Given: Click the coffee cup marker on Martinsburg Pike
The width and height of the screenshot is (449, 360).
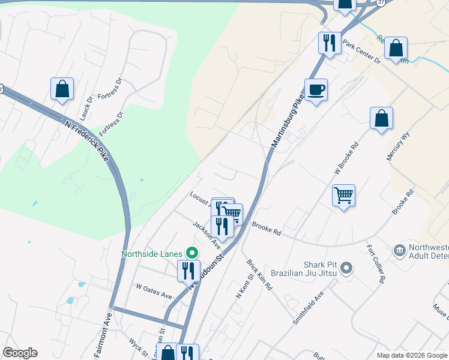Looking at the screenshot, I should click(316, 90).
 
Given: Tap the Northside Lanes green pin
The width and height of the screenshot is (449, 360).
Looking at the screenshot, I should click(192, 253).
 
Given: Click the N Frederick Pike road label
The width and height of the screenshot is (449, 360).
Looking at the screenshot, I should click(87, 139).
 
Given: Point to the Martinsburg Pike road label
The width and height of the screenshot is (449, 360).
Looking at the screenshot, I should click(286, 125).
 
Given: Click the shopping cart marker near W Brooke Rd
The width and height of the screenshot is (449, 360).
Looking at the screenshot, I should click(343, 195).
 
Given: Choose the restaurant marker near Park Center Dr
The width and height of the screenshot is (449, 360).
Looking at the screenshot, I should click(330, 43).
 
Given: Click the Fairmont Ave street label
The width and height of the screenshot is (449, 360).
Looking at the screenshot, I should click(103, 335).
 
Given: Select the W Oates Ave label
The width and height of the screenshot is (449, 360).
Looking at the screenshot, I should click(154, 292).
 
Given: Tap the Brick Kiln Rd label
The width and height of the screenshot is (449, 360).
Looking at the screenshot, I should click(260, 274).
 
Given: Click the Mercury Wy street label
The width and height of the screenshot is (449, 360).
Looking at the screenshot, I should click(397, 145).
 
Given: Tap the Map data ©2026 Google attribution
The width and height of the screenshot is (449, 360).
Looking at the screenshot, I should click(412, 355).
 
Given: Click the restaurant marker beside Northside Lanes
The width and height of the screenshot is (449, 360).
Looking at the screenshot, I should click(188, 271).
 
